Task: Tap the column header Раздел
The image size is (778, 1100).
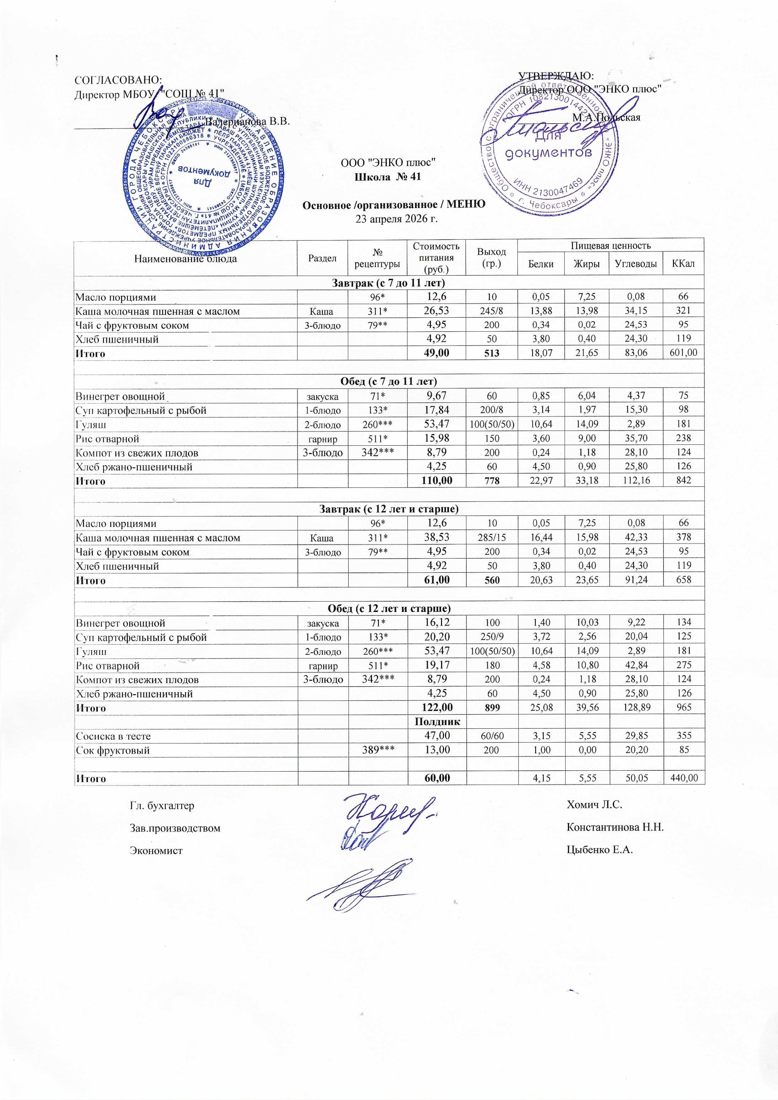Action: click(x=322, y=258)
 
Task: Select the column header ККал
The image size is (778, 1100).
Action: click(x=683, y=263)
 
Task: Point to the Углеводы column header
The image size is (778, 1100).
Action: click(x=636, y=263)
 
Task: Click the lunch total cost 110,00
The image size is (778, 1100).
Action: click(x=436, y=480)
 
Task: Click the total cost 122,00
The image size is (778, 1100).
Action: click(x=436, y=707)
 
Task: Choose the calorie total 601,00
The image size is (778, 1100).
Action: click(x=683, y=353)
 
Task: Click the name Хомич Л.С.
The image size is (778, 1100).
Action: click(x=594, y=805)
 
